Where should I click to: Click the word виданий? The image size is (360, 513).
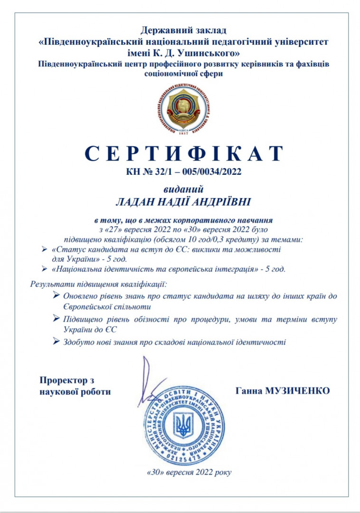[183, 189]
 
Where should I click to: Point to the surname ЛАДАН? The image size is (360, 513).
[136, 202]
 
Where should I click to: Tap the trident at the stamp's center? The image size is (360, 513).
[183, 425]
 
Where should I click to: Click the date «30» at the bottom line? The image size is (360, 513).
[156, 472]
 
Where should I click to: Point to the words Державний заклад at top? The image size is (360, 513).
[183, 31]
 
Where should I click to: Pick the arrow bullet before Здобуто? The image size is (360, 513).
[57, 341]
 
